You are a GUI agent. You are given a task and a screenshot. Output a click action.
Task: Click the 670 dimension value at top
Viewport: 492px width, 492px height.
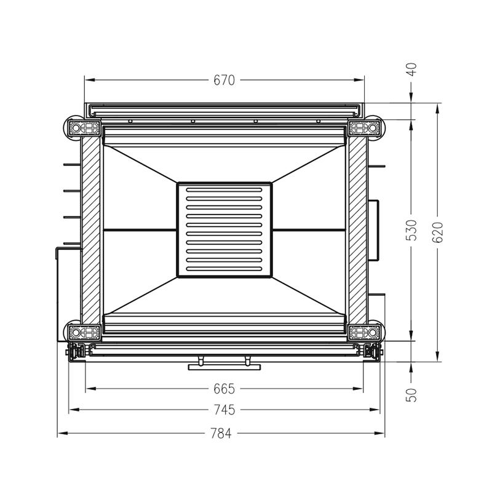coord(224,81)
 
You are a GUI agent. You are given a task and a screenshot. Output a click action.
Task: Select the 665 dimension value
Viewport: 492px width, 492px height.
coord(224,389)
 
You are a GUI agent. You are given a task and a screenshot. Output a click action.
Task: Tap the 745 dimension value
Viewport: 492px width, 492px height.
coord(224,410)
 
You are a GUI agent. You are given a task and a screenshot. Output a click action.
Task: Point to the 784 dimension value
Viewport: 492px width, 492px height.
coord(221,434)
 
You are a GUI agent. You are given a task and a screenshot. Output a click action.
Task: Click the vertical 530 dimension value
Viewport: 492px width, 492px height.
coord(411,230)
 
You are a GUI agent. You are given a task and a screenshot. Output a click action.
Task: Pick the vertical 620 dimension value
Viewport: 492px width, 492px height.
coord(437,232)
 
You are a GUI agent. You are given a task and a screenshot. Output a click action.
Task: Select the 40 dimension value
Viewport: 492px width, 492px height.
coord(411,69)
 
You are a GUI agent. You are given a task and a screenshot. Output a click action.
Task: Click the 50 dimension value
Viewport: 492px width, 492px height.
coord(411,395)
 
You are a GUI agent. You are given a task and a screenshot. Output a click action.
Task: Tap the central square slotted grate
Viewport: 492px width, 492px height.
coord(224,230)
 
